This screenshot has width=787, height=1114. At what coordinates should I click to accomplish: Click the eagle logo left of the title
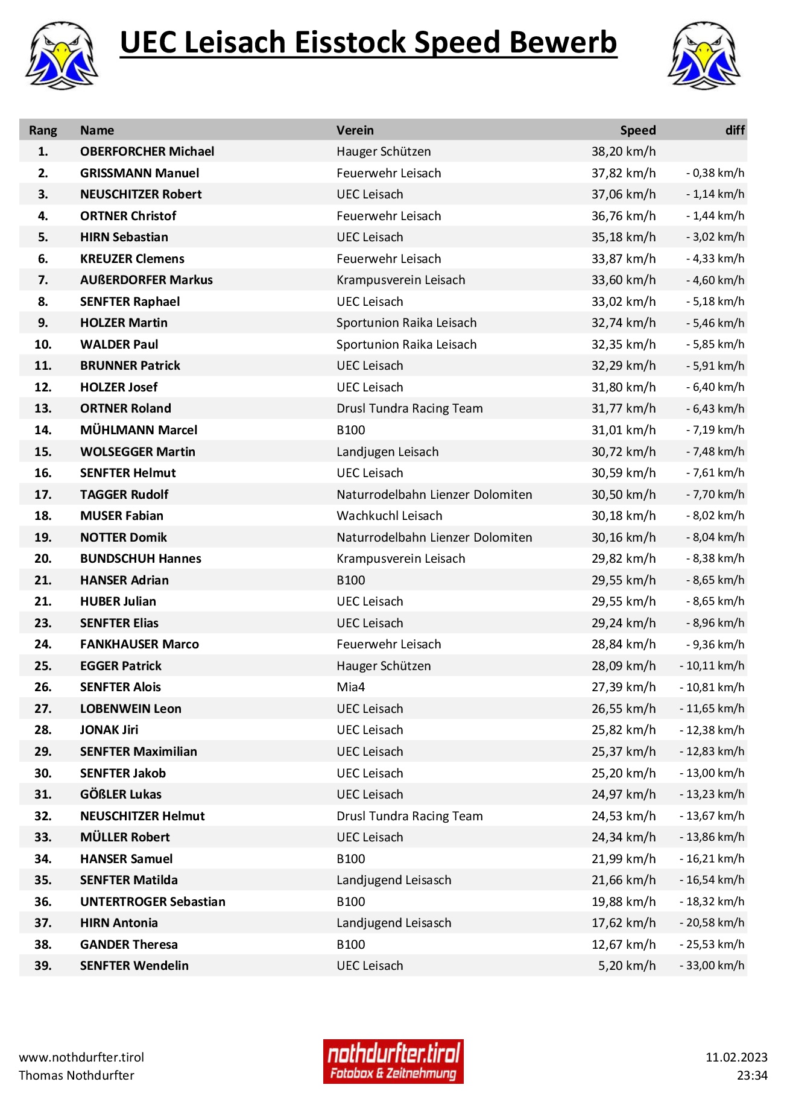coord(62,55)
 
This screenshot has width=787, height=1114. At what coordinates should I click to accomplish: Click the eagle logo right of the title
coord(704,55)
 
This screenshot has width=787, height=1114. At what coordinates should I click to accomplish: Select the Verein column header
coord(355,130)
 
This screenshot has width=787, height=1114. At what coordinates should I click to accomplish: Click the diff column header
coord(735,130)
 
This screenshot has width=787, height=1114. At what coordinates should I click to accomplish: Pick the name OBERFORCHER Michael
coord(147,151)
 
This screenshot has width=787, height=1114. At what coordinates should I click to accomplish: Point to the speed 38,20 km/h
coord(623,151)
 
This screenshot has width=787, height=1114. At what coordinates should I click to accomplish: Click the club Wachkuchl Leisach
coord(389,516)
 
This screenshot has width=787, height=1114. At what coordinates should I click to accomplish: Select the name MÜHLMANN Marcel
coord(139,430)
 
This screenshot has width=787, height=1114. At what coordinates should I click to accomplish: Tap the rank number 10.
coord(43,344)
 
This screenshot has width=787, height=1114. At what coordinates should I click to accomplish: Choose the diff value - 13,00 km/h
coord(712,773)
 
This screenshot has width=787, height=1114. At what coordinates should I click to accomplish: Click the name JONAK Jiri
coord(109,730)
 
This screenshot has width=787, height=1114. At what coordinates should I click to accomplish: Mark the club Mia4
coord(350,687)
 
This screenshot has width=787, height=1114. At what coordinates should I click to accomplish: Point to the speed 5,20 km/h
coord(627,966)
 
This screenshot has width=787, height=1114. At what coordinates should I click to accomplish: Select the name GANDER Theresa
coord(129,945)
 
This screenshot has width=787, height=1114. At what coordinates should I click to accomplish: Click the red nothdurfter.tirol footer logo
coord(393,1062)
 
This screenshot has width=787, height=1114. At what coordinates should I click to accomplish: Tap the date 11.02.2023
coord(736,1057)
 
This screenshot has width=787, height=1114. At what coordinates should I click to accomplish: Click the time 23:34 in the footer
coord(752,1075)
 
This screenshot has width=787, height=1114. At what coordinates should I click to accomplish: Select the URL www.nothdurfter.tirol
coord(81,1057)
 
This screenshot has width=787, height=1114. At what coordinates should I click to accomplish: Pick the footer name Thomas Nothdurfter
coord(77,1075)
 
